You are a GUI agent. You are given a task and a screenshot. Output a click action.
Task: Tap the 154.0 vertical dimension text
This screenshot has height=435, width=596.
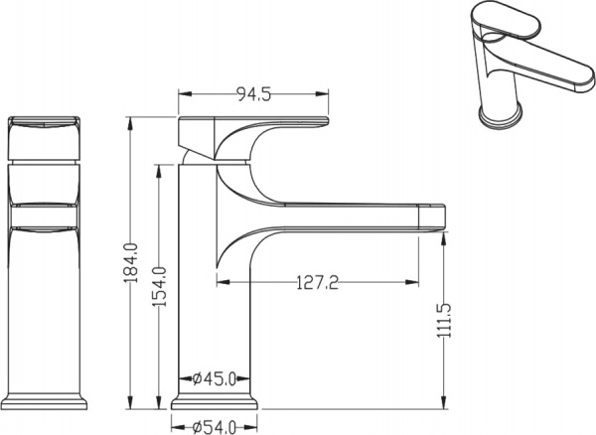click(x=157, y=286)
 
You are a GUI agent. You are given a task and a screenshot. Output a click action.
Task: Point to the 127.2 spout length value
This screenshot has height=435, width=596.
click(x=318, y=283)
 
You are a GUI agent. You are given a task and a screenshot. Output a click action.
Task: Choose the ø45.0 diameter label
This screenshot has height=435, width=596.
click(x=214, y=378)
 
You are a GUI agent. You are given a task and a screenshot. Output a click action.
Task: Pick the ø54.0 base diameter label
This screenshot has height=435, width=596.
click(x=214, y=427)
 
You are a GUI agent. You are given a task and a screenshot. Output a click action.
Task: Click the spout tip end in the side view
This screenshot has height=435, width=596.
click(x=435, y=216)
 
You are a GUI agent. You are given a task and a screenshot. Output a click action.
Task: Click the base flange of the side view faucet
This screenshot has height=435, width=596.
click(x=218, y=403)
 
